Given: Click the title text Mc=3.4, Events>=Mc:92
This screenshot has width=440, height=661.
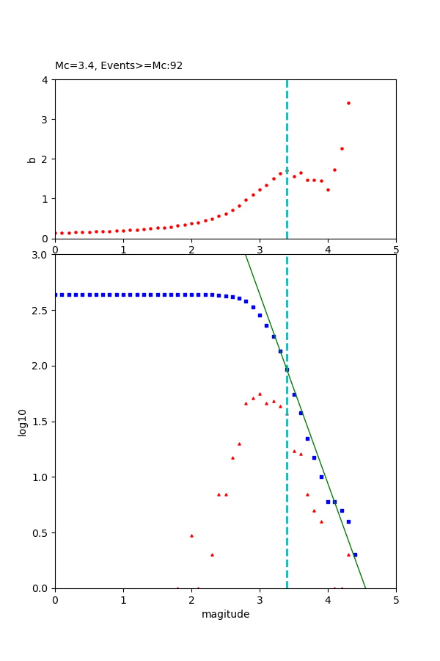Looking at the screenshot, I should (119, 65).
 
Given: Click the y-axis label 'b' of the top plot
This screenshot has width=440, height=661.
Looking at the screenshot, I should (32, 159).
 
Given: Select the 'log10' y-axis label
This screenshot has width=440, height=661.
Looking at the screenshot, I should (23, 422).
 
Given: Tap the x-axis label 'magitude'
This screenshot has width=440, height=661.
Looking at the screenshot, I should (225, 614).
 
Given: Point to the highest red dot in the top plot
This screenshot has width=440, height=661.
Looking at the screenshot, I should (348, 103).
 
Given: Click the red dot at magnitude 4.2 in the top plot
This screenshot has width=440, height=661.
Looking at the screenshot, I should (342, 148).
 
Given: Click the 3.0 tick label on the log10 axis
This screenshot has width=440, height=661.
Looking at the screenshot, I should (41, 255).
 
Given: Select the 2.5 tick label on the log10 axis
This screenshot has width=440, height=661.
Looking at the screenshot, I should (41, 311).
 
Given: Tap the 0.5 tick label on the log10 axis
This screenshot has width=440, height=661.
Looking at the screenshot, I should (41, 533).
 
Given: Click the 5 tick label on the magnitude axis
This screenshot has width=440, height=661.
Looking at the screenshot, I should (396, 600).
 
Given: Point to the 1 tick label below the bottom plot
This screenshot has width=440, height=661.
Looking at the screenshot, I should (123, 600).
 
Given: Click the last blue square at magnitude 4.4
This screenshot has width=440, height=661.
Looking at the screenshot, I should (355, 555).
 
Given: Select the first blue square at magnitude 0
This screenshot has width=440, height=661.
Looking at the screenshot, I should (56, 295).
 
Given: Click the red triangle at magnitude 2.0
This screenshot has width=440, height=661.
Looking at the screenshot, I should (191, 535).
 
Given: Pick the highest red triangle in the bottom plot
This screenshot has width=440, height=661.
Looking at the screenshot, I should (260, 394).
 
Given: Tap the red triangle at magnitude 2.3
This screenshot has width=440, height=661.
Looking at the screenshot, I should (212, 555).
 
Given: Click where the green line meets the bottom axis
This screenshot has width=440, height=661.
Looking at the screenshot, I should (365, 588).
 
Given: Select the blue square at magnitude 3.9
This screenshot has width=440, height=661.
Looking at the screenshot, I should (321, 477).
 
